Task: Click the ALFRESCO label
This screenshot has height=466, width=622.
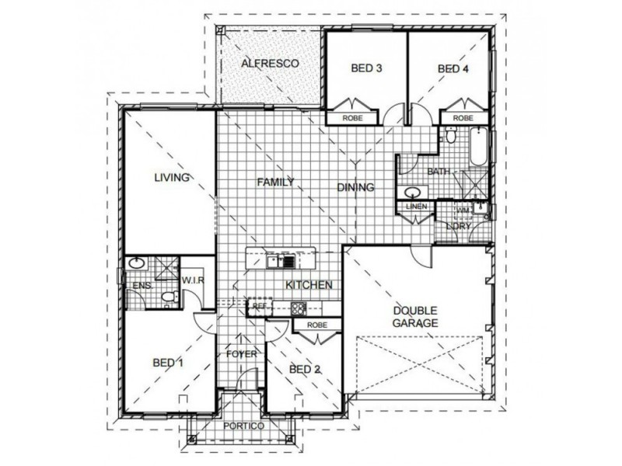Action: (x=270, y=63)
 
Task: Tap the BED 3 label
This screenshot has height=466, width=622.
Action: (x=366, y=68)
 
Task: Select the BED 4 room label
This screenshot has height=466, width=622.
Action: (x=453, y=68)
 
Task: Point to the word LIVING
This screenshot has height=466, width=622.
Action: (x=172, y=178)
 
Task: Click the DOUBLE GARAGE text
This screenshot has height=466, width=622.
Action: (x=416, y=316)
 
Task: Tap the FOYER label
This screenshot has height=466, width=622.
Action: (x=241, y=354)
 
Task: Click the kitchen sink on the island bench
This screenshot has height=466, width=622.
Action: (x=278, y=261)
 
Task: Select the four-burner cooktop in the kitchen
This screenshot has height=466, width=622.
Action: (x=299, y=308)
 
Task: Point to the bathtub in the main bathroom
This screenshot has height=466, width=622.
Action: (x=478, y=147)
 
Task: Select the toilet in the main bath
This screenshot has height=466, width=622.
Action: (x=449, y=137)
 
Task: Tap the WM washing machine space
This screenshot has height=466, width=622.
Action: (x=463, y=210)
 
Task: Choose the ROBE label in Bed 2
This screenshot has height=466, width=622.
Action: (x=316, y=325)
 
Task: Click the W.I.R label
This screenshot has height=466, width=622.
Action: (x=192, y=280)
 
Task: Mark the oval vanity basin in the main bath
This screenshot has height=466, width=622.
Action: (x=411, y=190)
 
